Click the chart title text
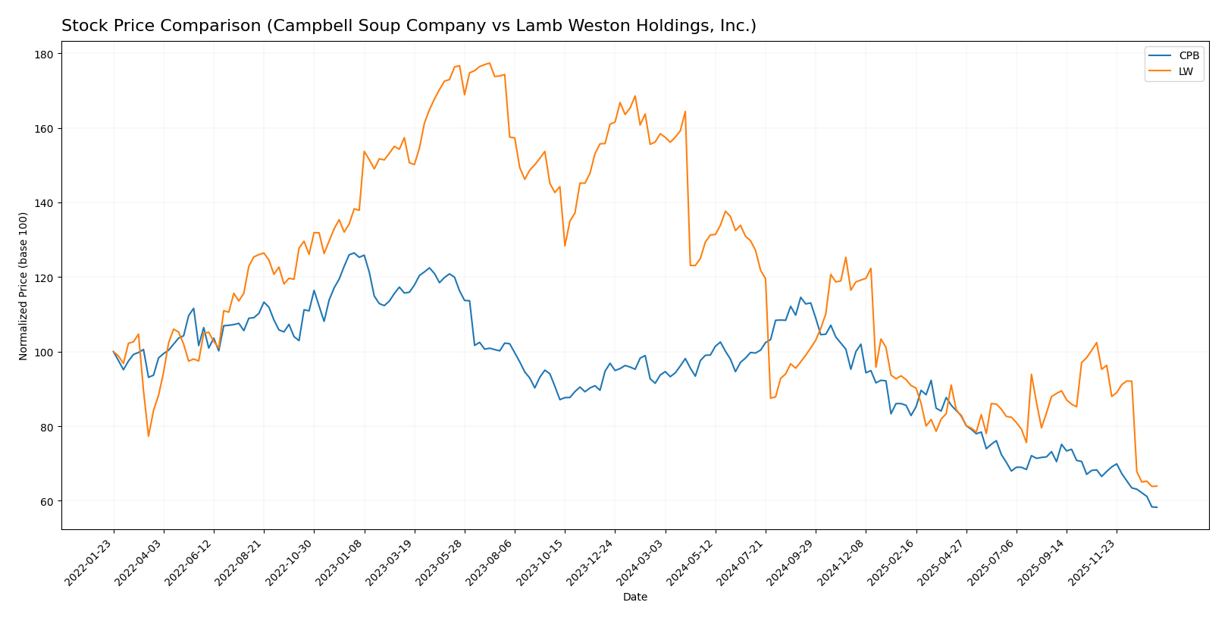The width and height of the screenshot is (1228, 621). click(409, 26)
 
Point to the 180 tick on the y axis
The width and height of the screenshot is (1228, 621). click(43, 55)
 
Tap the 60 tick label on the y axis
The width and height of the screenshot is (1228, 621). click(45, 502)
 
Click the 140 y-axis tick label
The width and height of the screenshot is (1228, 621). click(43, 203)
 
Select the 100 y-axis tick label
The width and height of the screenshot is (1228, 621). click(43, 353)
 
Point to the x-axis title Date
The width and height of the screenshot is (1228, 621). click(635, 597)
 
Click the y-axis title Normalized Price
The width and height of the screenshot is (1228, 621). click(23, 286)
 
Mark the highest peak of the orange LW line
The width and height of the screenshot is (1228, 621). click(490, 63)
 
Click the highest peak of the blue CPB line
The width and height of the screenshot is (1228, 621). click(354, 253)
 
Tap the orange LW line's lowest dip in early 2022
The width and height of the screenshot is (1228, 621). click(149, 436)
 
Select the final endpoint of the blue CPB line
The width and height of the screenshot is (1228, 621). click(1157, 507)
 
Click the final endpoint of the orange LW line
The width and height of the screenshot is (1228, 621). click(1157, 486)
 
